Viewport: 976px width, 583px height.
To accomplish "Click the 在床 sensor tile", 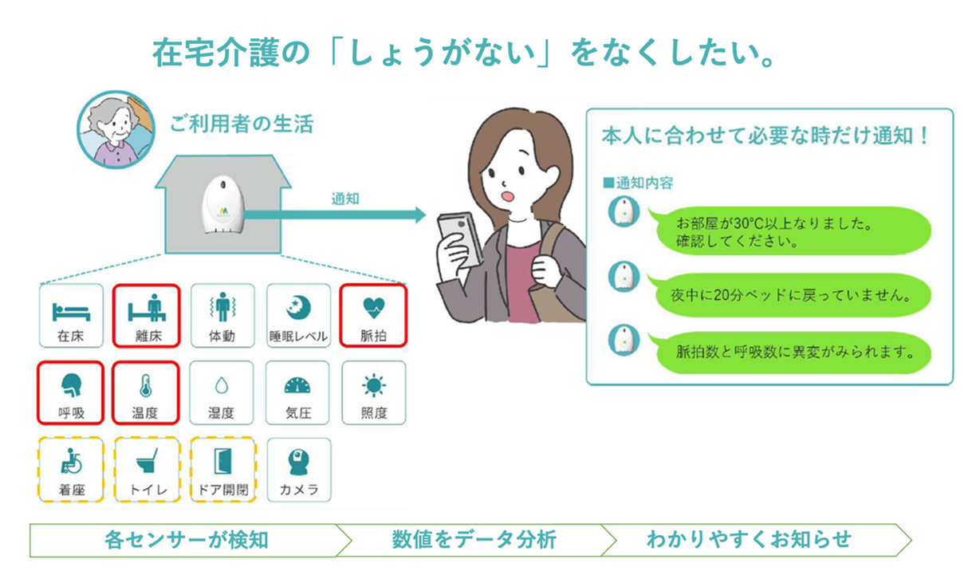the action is [x=72, y=316].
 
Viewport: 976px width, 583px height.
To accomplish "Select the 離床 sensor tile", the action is [x=146, y=316].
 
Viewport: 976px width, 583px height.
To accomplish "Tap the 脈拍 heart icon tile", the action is [x=373, y=316].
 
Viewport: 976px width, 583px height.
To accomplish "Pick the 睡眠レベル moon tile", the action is [x=297, y=316].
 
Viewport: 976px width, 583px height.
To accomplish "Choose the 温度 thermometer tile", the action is [x=146, y=392].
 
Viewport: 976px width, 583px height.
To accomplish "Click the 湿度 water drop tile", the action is [x=222, y=392].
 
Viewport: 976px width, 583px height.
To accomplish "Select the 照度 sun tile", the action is [x=373, y=392].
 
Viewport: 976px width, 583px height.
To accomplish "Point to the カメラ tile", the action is [x=298, y=469].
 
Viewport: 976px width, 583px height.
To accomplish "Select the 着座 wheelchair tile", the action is [x=72, y=469].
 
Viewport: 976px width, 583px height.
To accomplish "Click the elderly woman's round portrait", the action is [x=115, y=128].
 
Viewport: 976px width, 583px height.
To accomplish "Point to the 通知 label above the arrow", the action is [x=344, y=199].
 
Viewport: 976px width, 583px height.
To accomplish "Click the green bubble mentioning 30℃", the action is [x=789, y=230].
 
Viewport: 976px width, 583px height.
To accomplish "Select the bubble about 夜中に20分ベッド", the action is [x=789, y=296].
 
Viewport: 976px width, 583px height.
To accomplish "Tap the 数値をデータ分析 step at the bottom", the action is [x=474, y=540].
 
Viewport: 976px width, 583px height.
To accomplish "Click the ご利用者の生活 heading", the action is [x=241, y=124].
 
